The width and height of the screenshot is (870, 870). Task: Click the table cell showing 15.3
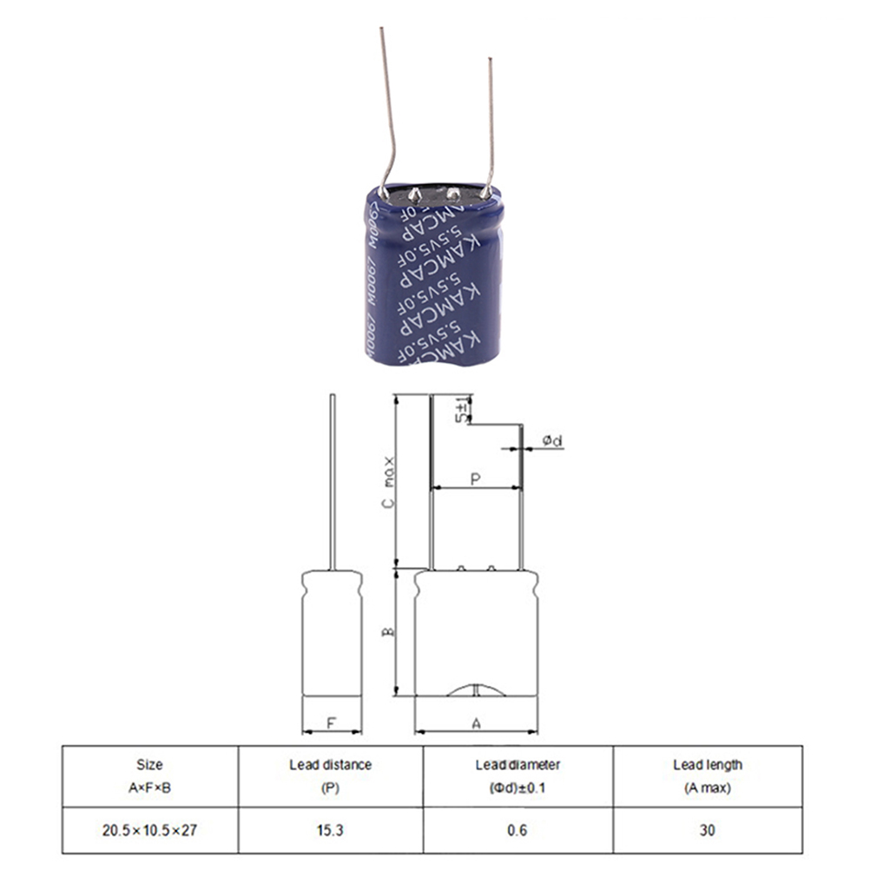331,830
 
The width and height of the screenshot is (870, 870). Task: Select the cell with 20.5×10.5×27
149,830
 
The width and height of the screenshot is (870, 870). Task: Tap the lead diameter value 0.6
517,830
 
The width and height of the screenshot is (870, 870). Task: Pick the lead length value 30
708,830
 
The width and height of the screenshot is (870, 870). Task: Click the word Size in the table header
149,765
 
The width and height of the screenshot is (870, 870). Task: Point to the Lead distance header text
330,765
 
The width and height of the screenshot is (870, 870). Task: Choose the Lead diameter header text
517,765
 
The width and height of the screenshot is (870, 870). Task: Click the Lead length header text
708,765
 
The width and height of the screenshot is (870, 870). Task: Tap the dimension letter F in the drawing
331,722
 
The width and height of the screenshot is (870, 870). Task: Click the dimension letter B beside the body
389,631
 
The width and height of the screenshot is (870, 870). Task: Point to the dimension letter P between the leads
475,478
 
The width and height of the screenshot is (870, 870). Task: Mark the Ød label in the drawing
553,441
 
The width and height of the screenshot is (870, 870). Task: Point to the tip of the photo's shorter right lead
491,59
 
